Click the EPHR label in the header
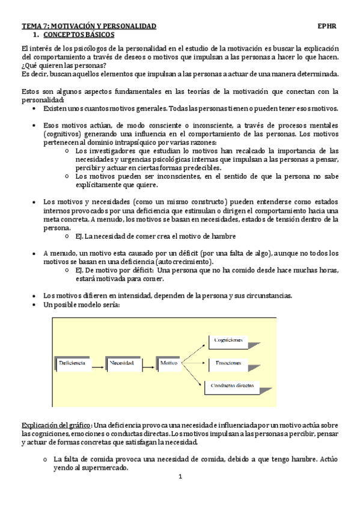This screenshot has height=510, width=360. tap(328, 26)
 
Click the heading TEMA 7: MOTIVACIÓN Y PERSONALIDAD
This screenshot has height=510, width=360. tap(89, 26)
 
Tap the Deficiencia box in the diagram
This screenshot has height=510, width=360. tap(72, 363)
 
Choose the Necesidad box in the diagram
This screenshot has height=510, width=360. tap(124, 363)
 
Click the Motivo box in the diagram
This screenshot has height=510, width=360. tap(169, 363)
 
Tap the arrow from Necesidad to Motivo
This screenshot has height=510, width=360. tap(148, 363)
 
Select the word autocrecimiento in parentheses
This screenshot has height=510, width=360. tap(183, 263)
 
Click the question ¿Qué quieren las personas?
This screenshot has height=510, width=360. tap(64, 66)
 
